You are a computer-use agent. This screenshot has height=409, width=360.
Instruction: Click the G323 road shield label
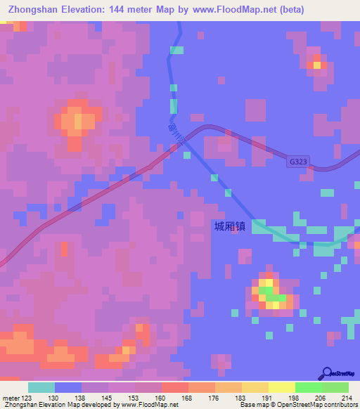[x=298, y=161]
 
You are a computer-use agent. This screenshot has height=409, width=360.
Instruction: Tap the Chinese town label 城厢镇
[x=231, y=226]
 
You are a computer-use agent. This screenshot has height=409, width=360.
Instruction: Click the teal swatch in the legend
[x=41, y=387]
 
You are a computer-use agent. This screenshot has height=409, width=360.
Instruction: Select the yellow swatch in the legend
[x=281, y=387]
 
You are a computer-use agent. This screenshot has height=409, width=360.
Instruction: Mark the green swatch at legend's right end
[x=335, y=387]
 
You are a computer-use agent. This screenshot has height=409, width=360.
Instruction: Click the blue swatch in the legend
[x=68, y=387]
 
